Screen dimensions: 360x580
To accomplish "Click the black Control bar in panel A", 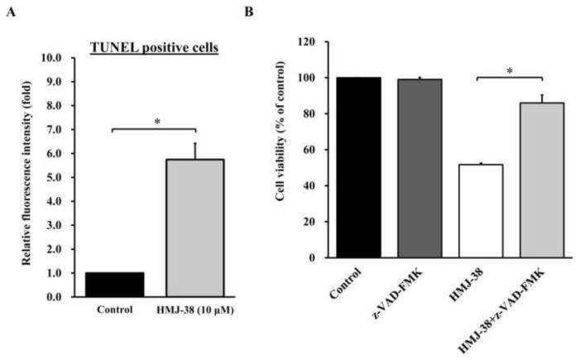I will click(114, 283).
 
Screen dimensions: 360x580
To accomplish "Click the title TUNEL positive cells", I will click(154, 47).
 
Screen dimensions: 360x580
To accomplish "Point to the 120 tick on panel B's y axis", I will click(309, 41).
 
